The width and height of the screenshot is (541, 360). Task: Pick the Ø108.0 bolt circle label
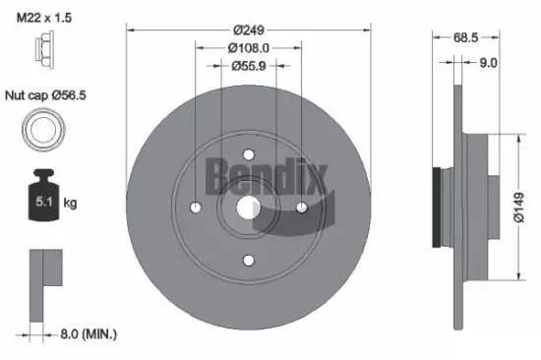(x=248, y=47)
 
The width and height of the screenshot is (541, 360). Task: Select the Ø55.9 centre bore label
(x=248, y=66)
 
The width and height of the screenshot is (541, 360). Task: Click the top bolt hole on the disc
(x=248, y=154)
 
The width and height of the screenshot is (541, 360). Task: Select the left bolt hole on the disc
(x=195, y=208)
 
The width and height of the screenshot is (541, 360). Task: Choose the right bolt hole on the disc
(x=301, y=208)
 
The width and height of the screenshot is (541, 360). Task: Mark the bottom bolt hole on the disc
(x=248, y=261)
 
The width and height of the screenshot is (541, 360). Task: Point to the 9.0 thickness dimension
(x=487, y=63)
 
